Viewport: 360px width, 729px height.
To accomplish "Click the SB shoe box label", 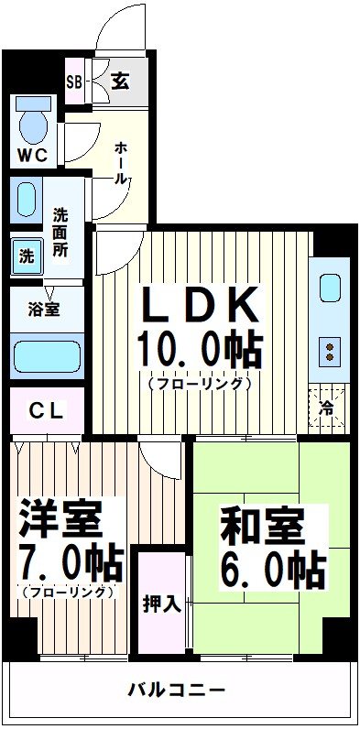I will click(x=74, y=82).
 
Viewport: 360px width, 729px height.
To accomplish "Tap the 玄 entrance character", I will click(x=119, y=81).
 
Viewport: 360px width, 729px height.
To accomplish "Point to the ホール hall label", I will click(x=120, y=163).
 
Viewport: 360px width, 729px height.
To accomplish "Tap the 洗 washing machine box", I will click(x=26, y=256).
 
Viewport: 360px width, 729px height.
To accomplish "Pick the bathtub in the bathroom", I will click(x=47, y=355).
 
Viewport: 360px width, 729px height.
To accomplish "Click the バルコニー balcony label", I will click(x=176, y=689).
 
